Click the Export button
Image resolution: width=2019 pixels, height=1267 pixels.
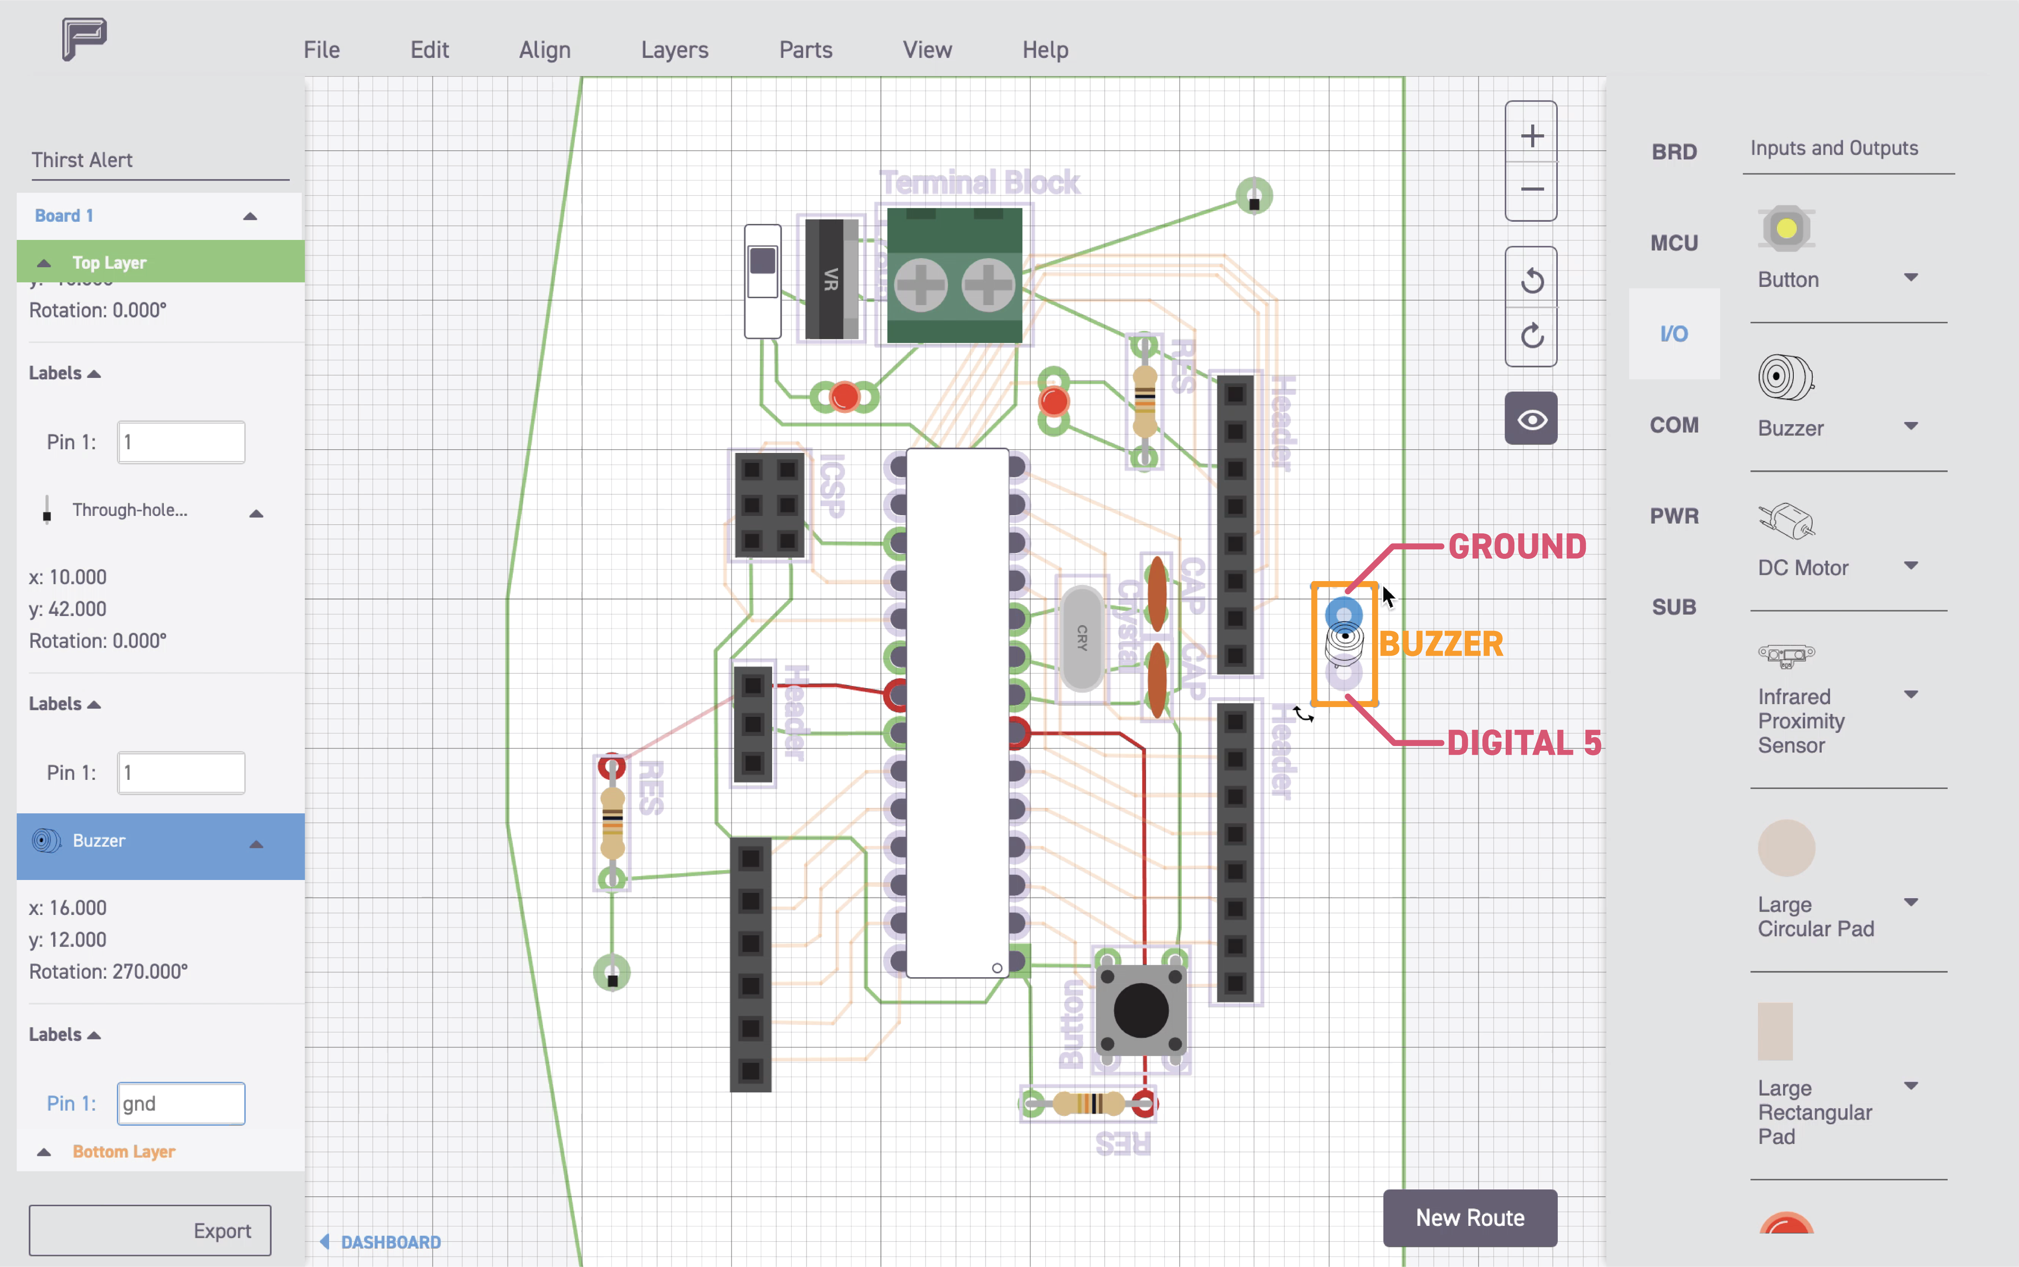pyautogui.click(x=150, y=1230)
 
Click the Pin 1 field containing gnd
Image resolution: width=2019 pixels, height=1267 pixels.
pyautogui.click(x=181, y=1104)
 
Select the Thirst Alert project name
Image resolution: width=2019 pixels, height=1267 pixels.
pyautogui.click(x=82, y=160)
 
